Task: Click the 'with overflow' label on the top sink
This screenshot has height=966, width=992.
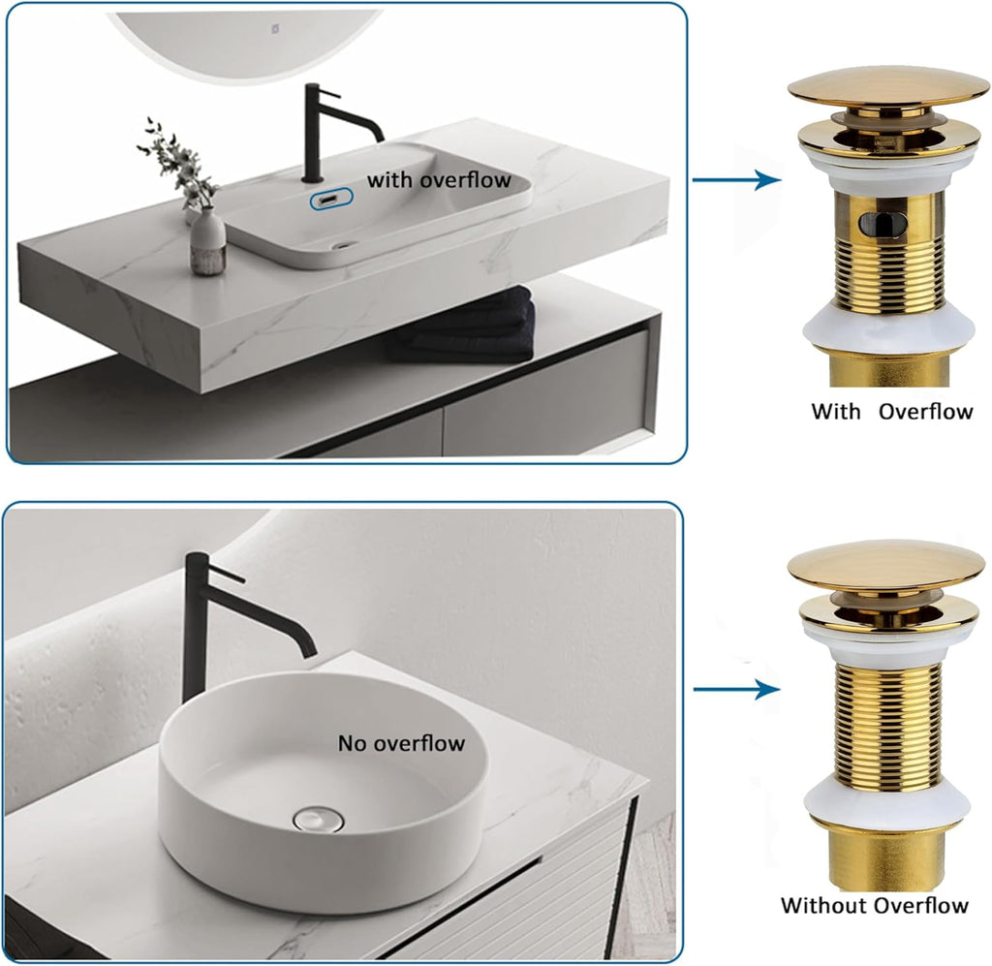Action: (438, 179)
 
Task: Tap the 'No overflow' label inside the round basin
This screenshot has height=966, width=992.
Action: (401, 743)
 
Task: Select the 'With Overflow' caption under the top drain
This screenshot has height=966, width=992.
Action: (891, 411)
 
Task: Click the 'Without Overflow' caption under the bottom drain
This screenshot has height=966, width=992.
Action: (874, 906)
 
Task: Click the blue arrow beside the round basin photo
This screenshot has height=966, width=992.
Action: (736, 689)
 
